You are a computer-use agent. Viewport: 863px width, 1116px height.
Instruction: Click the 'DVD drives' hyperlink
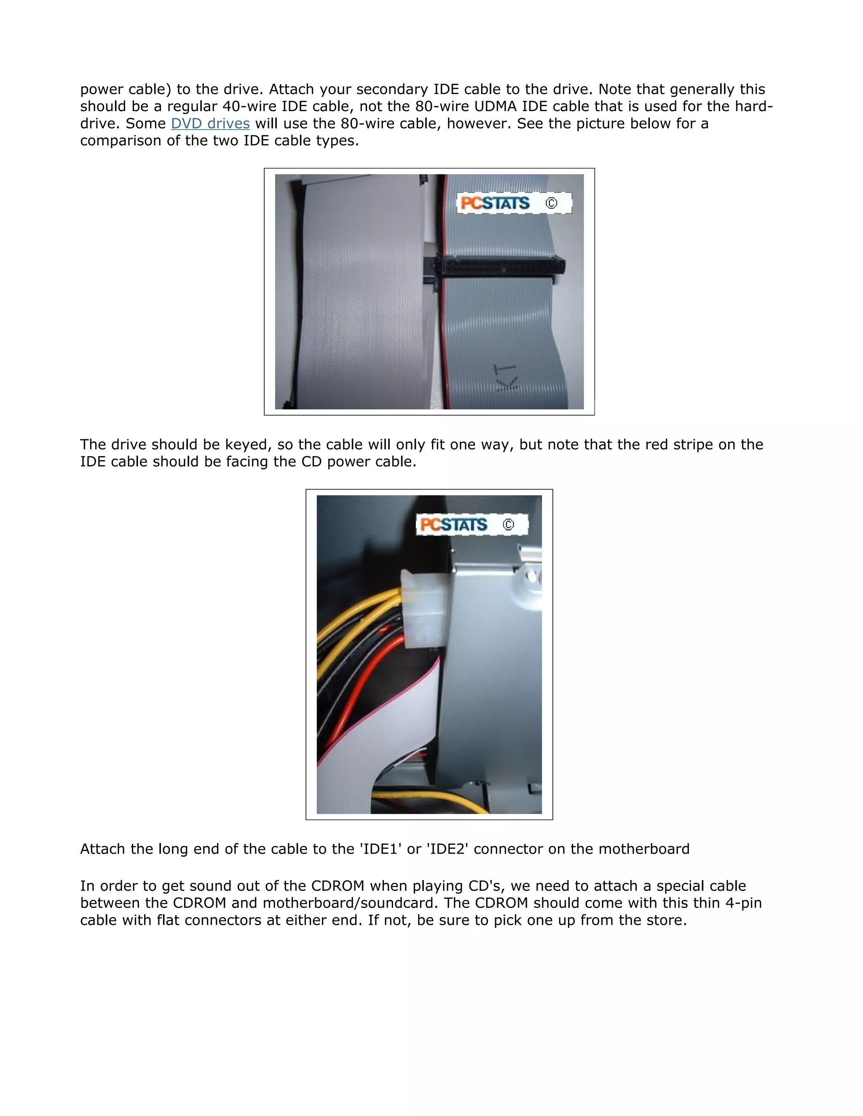pyautogui.click(x=210, y=124)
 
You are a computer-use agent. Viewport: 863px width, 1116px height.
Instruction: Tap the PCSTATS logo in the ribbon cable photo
pyautogui.click(x=495, y=203)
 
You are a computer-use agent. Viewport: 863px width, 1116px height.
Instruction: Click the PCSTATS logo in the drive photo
pyautogui.click(x=453, y=524)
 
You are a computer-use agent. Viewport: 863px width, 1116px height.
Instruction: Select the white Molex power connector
pyautogui.click(x=424, y=608)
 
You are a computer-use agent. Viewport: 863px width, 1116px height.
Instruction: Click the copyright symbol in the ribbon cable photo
pyautogui.click(x=551, y=203)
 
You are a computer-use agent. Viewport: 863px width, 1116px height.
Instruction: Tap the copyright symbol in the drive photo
pyautogui.click(x=508, y=524)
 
